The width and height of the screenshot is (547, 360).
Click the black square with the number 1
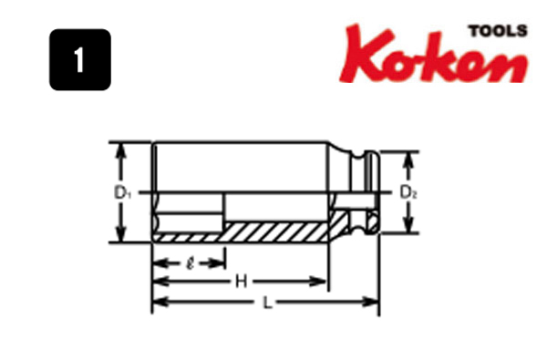[x=80, y=59]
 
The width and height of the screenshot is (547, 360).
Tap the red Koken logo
[x=434, y=54]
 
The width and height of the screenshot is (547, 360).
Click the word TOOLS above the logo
[x=498, y=31]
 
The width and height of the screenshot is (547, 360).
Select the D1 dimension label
[x=123, y=192]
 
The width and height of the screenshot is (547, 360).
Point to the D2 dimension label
[x=408, y=192]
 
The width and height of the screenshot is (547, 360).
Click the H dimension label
[x=242, y=281]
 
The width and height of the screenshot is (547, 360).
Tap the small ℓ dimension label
[x=191, y=263]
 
